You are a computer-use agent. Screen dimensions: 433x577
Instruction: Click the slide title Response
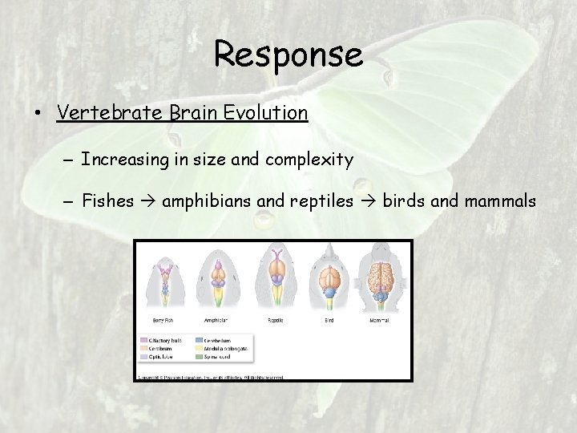click(288, 55)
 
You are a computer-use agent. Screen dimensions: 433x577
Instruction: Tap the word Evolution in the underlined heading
click(268, 112)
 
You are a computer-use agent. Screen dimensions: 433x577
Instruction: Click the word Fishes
click(107, 200)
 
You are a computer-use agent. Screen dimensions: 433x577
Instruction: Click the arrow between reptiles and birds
click(368, 200)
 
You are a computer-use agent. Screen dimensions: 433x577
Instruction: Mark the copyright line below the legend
click(210, 375)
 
